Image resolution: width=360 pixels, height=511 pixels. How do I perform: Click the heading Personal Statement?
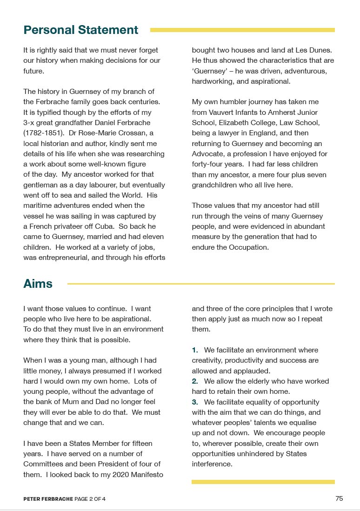pos(80,30)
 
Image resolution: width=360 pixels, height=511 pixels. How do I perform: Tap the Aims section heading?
pos(38,284)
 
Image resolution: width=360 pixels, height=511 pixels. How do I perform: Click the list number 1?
pos(195,350)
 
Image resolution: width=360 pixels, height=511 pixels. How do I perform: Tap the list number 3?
pos(195,402)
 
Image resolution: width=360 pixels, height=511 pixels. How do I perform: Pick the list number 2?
pos(195,381)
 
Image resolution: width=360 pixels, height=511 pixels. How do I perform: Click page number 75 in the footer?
pos(339,498)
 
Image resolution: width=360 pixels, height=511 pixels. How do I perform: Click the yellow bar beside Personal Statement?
pos(242,30)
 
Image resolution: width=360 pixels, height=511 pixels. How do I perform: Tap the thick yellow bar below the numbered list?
pos(263,482)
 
